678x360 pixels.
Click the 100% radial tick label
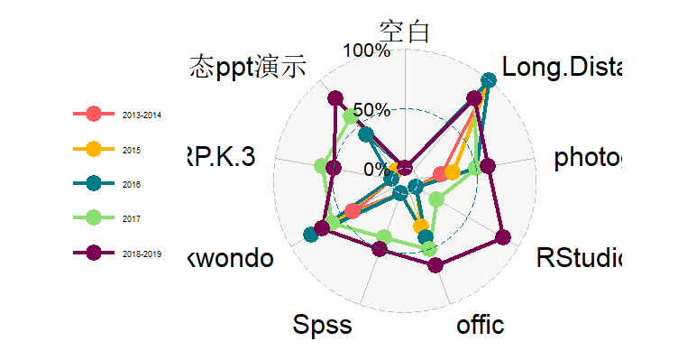point(368,50)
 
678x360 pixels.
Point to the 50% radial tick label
point(371,110)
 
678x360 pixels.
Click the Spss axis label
point(322,325)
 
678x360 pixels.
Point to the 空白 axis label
point(405,32)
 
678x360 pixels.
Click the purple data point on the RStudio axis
point(503,238)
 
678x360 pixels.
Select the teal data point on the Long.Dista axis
point(488,81)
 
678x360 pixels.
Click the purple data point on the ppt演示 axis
point(335,98)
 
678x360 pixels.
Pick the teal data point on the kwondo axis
point(311,235)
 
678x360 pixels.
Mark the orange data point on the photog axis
point(452,172)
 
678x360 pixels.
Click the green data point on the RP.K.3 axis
point(321,166)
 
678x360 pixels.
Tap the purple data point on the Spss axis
point(380,250)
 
